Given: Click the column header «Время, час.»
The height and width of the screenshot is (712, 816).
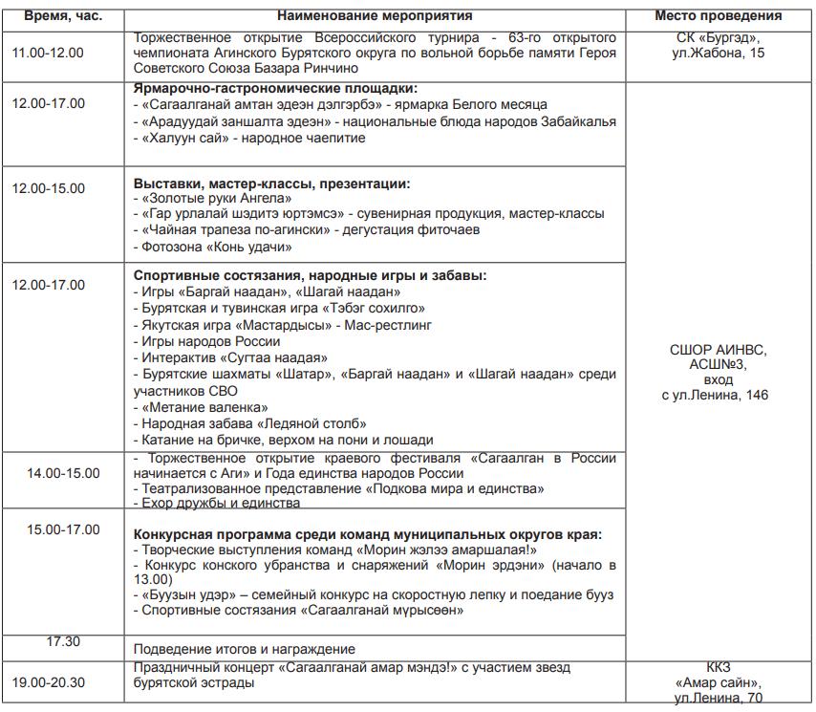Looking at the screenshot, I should tap(63, 15).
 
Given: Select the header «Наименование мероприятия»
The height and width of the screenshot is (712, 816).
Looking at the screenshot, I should tap(375, 15).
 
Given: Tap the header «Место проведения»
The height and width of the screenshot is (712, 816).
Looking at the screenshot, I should tap(718, 15).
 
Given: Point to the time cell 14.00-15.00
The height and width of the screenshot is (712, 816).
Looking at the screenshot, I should tap(62, 473).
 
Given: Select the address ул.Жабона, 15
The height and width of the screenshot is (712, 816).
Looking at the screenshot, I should tap(718, 54).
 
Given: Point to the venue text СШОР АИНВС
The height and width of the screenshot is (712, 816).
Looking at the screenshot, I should tap(718, 350).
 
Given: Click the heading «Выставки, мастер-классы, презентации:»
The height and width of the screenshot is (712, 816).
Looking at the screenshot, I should tap(271, 183).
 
